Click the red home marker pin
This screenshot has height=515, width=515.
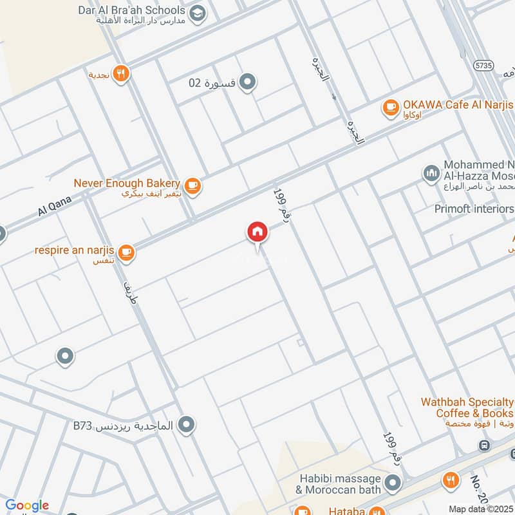[x=257, y=232]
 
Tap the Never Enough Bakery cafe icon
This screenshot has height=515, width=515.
[x=192, y=186]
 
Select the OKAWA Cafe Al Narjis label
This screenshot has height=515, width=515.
[x=458, y=104]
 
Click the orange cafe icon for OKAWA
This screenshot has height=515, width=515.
[x=390, y=108]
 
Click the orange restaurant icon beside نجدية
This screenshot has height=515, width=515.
[x=120, y=74]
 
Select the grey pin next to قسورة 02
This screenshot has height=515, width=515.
[x=248, y=82]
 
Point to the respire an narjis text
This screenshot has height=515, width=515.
[x=75, y=248]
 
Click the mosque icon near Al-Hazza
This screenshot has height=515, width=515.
[x=431, y=173]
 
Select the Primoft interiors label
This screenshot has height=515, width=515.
[x=474, y=209]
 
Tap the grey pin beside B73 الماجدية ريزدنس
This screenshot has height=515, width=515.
[x=187, y=425]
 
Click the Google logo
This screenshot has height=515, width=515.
[x=27, y=505]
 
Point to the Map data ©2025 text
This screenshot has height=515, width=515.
[x=480, y=509]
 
